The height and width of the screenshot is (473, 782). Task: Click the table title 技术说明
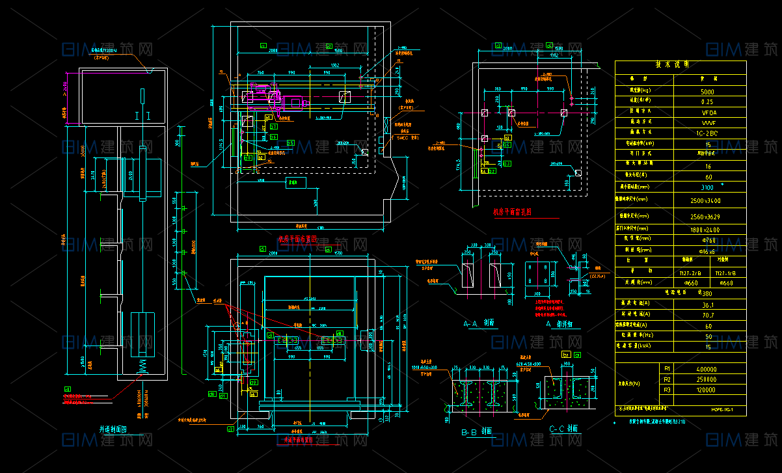(x=681, y=65)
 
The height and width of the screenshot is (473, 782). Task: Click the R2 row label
(x=666, y=379)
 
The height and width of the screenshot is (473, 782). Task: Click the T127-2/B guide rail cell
(x=690, y=273)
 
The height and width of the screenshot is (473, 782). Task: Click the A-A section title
(x=479, y=323)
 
